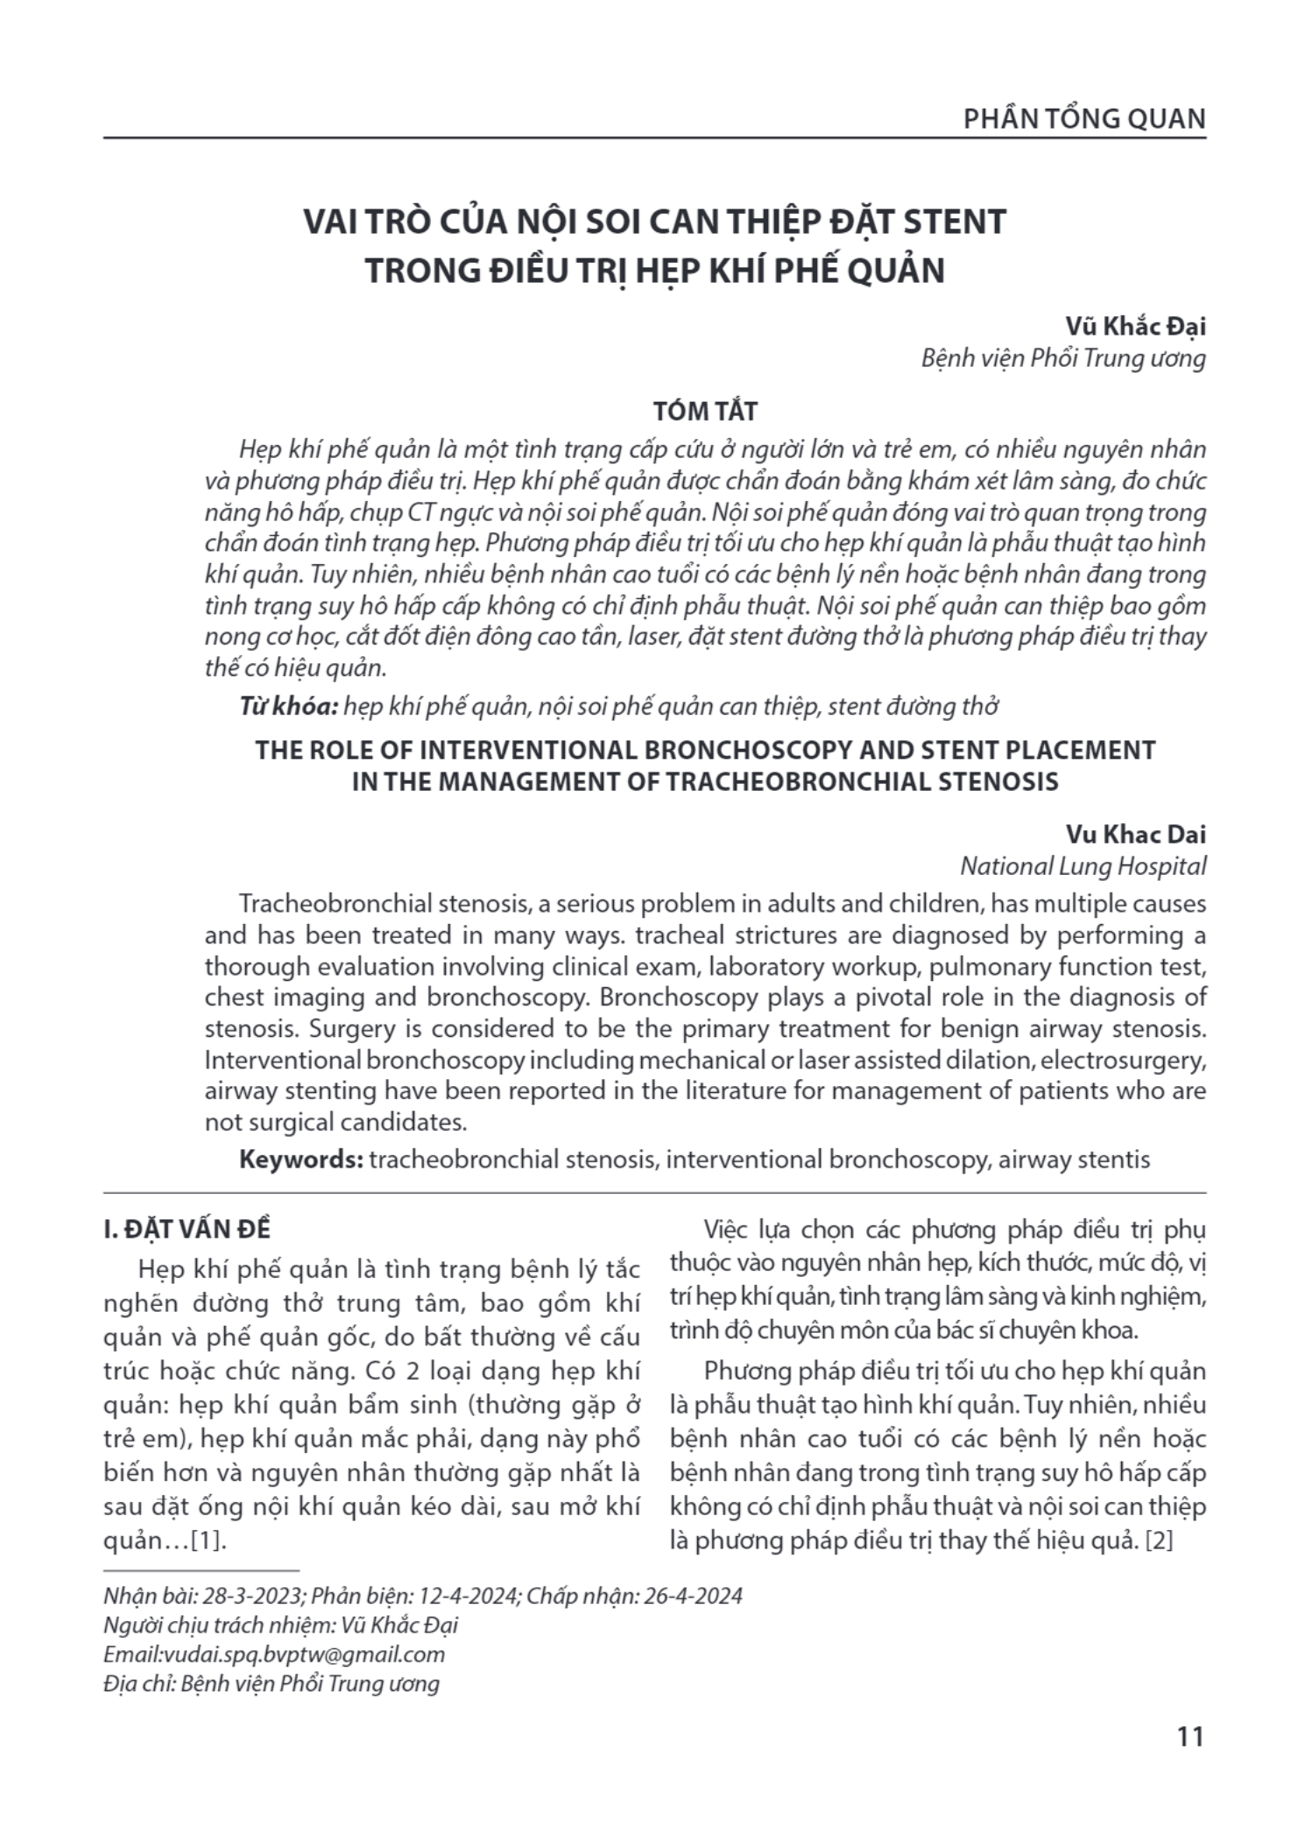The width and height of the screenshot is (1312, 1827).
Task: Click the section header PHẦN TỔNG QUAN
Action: tap(1084, 118)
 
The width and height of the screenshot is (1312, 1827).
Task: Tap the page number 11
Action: tap(1190, 1736)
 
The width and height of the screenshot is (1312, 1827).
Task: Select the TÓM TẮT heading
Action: tap(705, 410)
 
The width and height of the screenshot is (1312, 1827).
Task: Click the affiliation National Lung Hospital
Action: tap(1083, 865)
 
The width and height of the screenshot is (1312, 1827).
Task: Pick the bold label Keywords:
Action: tap(300, 1160)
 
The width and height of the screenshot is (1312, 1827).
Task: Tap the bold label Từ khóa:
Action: tap(288, 706)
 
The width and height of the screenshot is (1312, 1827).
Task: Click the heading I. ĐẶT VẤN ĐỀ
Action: tap(187, 1229)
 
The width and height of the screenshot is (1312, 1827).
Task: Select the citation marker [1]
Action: tap(208, 1540)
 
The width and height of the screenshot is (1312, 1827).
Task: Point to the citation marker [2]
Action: tap(1159, 1540)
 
